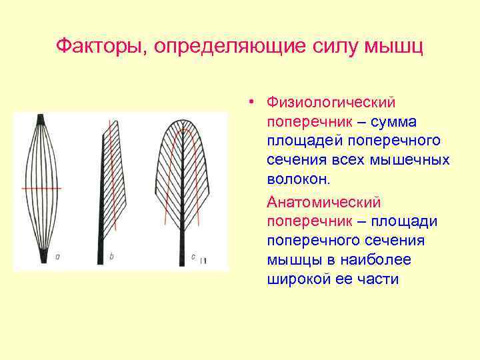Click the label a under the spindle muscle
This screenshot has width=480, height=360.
(58, 255)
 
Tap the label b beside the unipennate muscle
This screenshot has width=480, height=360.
(111, 256)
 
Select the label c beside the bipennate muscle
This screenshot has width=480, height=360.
(193, 256)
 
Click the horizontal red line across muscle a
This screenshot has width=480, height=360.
(41, 189)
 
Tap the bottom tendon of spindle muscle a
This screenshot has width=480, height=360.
(42, 257)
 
